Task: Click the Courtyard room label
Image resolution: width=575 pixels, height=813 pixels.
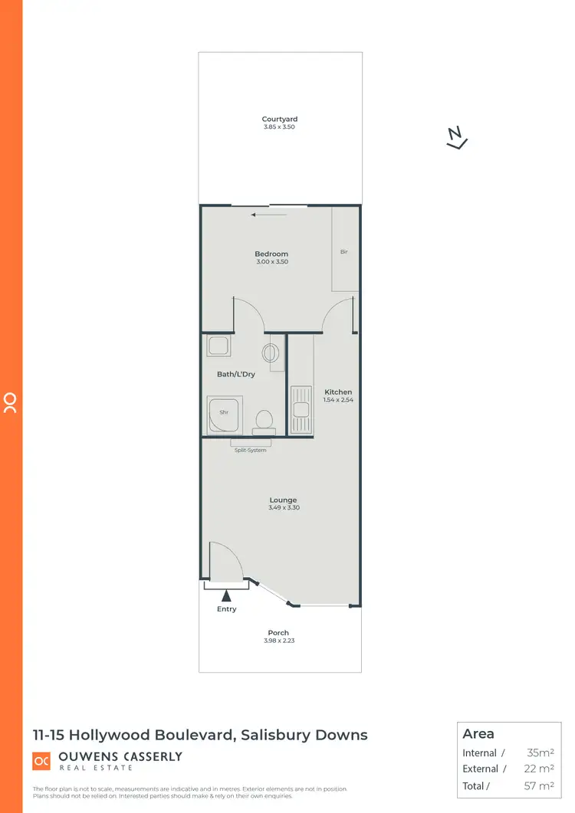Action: click(x=279, y=119)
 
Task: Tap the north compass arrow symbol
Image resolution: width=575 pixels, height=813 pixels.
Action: click(x=457, y=137)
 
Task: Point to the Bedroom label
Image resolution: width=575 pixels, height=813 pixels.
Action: click(x=271, y=254)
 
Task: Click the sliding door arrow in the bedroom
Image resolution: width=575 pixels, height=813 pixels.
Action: click(x=268, y=215)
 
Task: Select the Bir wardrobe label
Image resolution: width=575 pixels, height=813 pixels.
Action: click(x=344, y=251)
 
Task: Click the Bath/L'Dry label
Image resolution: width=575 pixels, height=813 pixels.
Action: click(x=236, y=374)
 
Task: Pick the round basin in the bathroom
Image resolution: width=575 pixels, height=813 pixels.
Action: click(x=271, y=353)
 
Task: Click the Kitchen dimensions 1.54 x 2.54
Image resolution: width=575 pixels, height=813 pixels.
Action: click(x=338, y=400)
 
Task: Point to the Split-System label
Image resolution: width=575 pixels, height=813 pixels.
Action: click(x=251, y=450)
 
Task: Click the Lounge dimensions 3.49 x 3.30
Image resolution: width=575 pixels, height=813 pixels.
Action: click(x=283, y=508)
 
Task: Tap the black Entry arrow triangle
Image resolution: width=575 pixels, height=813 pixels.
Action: click(x=226, y=594)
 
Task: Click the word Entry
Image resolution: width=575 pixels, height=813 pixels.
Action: click(x=227, y=609)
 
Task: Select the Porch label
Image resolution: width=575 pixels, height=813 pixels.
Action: click(x=279, y=632)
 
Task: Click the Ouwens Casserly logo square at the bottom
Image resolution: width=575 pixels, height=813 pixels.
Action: click(x=41, y=761)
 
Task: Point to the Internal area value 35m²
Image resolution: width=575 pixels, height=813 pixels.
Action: click(x=540, y=753)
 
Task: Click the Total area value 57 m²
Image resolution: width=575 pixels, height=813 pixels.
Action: click(x=540, y=785)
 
